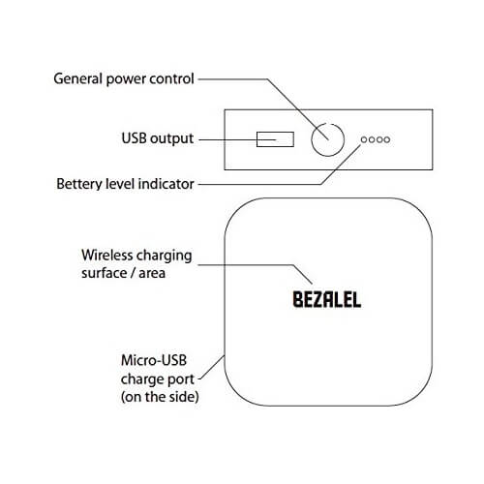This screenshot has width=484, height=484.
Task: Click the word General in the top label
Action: point(78,78)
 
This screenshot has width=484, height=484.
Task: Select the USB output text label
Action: point(158,138)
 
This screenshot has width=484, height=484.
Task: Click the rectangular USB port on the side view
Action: point(275,139)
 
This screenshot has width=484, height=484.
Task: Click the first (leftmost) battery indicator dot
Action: point(364,139)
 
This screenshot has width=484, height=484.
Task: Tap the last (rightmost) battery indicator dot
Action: point(387,139)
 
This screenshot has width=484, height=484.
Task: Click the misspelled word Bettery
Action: point(79,184)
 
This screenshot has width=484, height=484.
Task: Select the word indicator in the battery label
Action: point(166,184)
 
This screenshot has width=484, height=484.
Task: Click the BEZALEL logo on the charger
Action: point(327,300)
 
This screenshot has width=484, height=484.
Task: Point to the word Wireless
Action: point(105,256)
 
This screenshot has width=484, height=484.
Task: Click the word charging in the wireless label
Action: point(161,257)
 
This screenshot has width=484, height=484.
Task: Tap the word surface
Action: point(105,273)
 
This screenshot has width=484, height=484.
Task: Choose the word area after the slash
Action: point(152,274)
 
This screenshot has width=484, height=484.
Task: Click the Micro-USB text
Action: point(154,360)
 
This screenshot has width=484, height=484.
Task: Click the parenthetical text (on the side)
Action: point(160,397)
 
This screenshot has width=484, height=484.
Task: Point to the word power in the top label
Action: point(126,79)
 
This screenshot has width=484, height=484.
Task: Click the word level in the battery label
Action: point(120,184)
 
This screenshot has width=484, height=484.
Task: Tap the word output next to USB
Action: point(172,139)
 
